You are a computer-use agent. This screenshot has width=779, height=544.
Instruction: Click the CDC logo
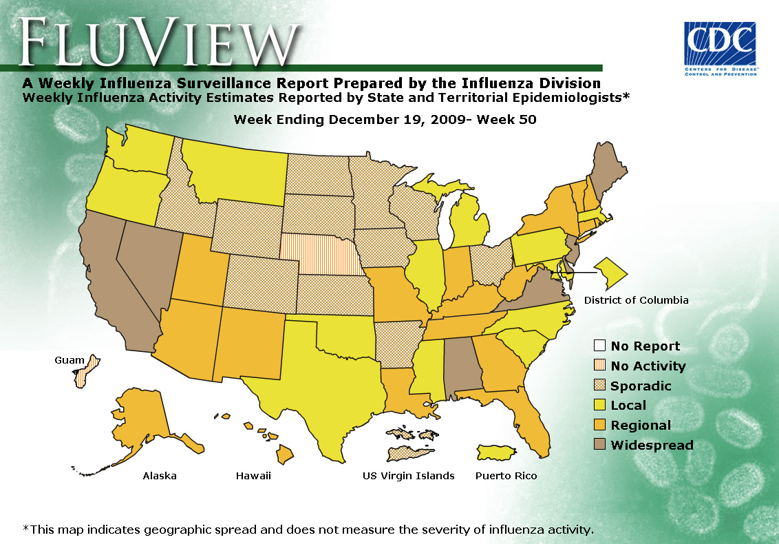(x=720, y=49)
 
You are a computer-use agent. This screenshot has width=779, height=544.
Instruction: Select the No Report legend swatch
(x=599, y=346)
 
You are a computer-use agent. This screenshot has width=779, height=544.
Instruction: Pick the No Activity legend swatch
(x=599, y=366)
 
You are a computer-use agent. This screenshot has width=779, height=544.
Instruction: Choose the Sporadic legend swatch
(x=599, y=386)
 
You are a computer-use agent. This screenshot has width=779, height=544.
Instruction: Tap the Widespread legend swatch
(x=599, y=445)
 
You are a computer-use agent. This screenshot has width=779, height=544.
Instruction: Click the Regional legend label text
(x=640, y=426)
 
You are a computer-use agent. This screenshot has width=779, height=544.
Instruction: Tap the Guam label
(x=68, y=360)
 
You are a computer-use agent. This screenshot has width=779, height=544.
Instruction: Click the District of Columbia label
(x=636, y=300)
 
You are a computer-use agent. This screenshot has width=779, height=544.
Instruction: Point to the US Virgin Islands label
(x=408, y=476)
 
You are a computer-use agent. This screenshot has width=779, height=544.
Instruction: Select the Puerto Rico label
(x=506, y=476)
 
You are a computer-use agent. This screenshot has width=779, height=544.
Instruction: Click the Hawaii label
(x=253, y=476)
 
